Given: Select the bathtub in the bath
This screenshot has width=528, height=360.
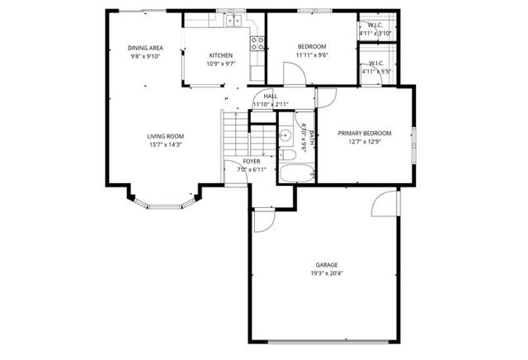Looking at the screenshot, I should pos(296,173).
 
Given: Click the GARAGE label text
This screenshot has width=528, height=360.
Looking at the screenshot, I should pos(326,265).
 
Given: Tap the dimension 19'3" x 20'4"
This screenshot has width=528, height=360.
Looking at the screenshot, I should pos(326,273).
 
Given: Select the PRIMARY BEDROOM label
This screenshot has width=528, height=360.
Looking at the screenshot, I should pos(365,133).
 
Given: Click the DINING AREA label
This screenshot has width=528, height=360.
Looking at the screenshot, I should pos(144,47).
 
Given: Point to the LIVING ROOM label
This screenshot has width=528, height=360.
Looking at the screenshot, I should pos(165,136).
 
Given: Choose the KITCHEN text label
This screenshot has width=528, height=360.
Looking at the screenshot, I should pos(209,55).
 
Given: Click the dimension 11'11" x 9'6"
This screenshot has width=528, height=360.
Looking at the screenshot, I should pos(312,55).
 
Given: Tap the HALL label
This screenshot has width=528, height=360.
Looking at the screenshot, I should pos(270,97).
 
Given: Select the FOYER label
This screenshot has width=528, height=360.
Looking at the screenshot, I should pos(252,161).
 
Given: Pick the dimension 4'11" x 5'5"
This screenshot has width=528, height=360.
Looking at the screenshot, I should pos(375,72).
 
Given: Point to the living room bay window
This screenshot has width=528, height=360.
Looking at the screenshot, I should pos(165,201).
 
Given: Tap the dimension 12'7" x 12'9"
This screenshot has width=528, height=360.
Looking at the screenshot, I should pos(365,141).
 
